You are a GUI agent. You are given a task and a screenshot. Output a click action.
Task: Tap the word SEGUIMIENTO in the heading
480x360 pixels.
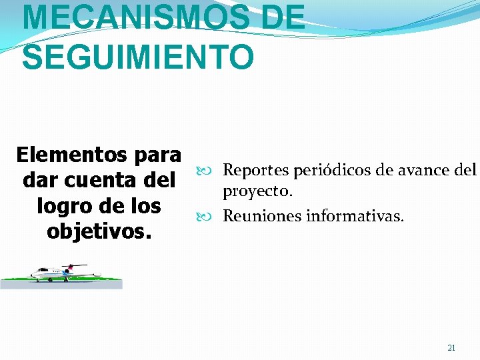[x=137, y=56]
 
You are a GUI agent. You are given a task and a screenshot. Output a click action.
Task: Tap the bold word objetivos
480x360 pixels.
[x=99, y=231]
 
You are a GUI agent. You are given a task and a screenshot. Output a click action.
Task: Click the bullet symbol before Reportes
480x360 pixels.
[x=202, y=171]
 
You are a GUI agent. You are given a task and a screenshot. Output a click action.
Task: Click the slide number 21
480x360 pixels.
[x=451, y=348]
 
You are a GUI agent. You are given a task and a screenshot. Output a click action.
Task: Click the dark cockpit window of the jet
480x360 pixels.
[x=35, y=270]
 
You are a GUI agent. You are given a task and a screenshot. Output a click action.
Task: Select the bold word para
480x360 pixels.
[x=157, y=155]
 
